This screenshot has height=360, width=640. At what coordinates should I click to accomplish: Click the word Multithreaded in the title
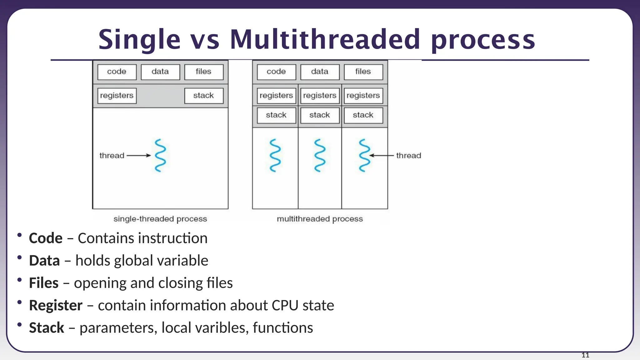point(325,40)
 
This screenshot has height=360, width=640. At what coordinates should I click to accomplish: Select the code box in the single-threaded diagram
point(117,72)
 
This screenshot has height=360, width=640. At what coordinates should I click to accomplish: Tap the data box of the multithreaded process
point(320,72)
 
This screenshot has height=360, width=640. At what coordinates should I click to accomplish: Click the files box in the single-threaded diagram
point(204,72)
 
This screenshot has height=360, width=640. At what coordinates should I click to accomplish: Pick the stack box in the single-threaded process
point(204,96)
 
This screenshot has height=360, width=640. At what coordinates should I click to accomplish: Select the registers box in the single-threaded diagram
point(117,96)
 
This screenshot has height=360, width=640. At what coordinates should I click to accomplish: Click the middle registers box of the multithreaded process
point(320,96)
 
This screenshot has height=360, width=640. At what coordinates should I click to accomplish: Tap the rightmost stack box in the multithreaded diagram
point(363,115)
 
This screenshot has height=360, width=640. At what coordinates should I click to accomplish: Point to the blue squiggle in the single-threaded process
point(160,155)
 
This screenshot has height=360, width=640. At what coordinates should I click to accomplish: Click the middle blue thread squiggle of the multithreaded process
point(320,155)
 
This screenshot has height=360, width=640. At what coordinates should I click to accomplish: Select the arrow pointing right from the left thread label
point(138,155)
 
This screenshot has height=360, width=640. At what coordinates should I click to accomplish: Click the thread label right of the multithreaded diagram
point(408,155)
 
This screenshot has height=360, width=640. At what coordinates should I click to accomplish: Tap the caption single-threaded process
point(160,219)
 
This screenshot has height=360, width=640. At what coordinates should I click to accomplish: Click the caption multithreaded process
point(320,219)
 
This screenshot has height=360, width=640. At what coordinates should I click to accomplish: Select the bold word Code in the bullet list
point(46,238)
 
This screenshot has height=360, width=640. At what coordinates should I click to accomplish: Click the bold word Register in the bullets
point(56,306)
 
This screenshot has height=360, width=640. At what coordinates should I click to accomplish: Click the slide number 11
point(585,355)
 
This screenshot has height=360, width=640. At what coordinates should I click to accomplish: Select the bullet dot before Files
point(20,280)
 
